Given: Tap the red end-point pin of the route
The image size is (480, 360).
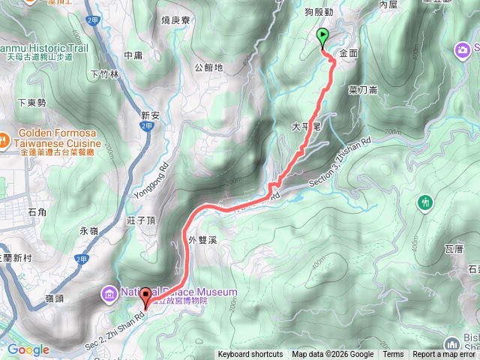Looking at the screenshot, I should (145, 297).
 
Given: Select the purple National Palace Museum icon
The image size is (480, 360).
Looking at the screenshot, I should (109, 292).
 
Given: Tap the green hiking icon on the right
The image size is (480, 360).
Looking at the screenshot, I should (426, 201).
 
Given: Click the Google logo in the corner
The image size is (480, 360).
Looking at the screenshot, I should (28, 349).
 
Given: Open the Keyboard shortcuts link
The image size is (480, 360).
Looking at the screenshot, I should (250, 355).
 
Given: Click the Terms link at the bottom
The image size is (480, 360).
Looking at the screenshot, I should (393, 355).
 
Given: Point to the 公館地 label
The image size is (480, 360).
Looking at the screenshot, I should (208, 67).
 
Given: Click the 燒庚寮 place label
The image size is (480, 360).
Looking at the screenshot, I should (177, 20).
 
